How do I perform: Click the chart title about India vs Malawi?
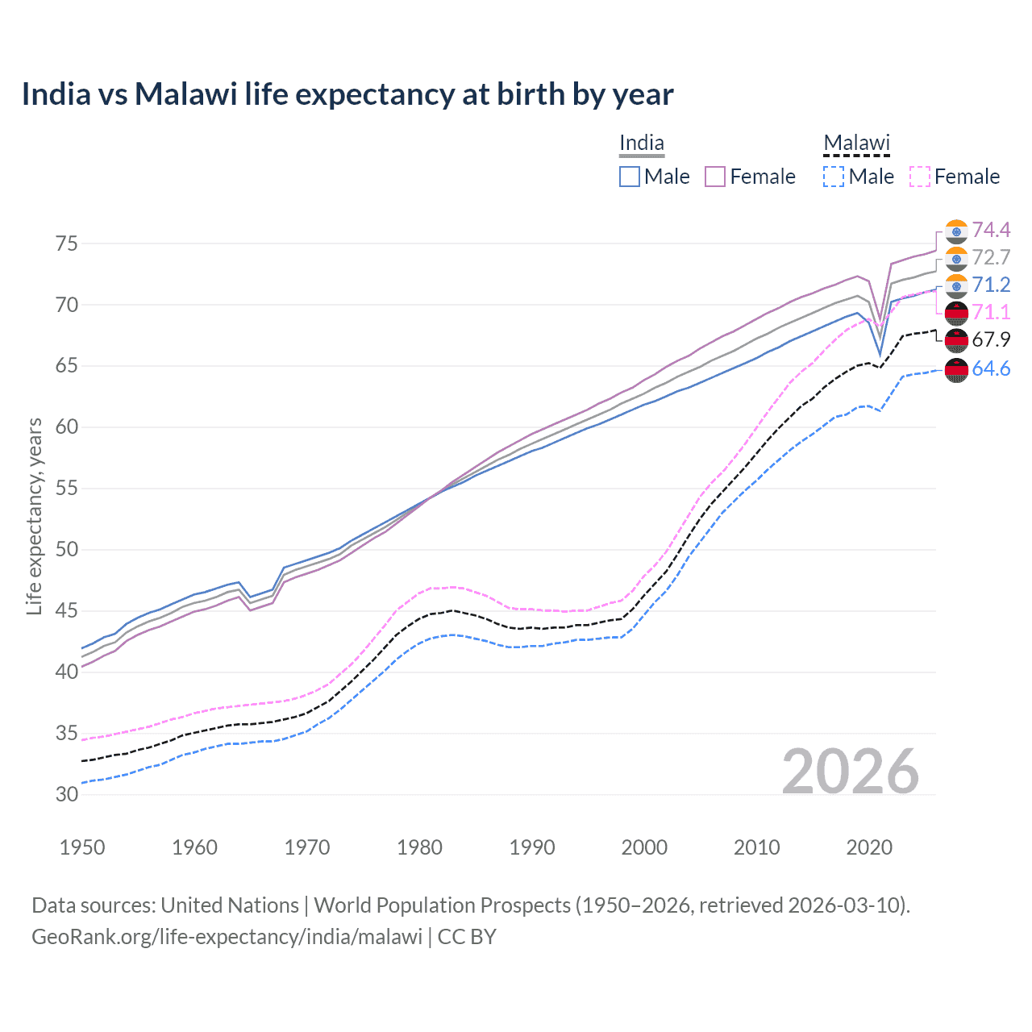point(347,94)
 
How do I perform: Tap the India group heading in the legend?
point(642,144)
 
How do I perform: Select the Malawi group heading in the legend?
point(856,144)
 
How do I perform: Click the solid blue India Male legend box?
point(630,177)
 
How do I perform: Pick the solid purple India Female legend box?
point(715,177)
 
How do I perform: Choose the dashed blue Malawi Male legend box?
point(834,177)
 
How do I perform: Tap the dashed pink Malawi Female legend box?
point(920,177)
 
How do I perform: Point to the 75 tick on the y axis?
point(67,243)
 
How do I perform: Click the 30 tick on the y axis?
point(67,794)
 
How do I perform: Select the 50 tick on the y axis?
point(67,550)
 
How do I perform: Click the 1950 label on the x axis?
point(82,847)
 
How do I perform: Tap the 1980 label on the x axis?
point(419,847)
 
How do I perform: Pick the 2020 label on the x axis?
point(869,847)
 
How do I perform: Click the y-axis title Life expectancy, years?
point(35,516)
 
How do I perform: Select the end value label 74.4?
point(991,231)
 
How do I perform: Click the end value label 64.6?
point(991,369)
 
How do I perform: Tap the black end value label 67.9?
point(991,340)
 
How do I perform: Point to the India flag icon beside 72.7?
point(956,259)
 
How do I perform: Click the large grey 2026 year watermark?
point(851,772)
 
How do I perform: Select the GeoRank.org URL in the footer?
point(227,937)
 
